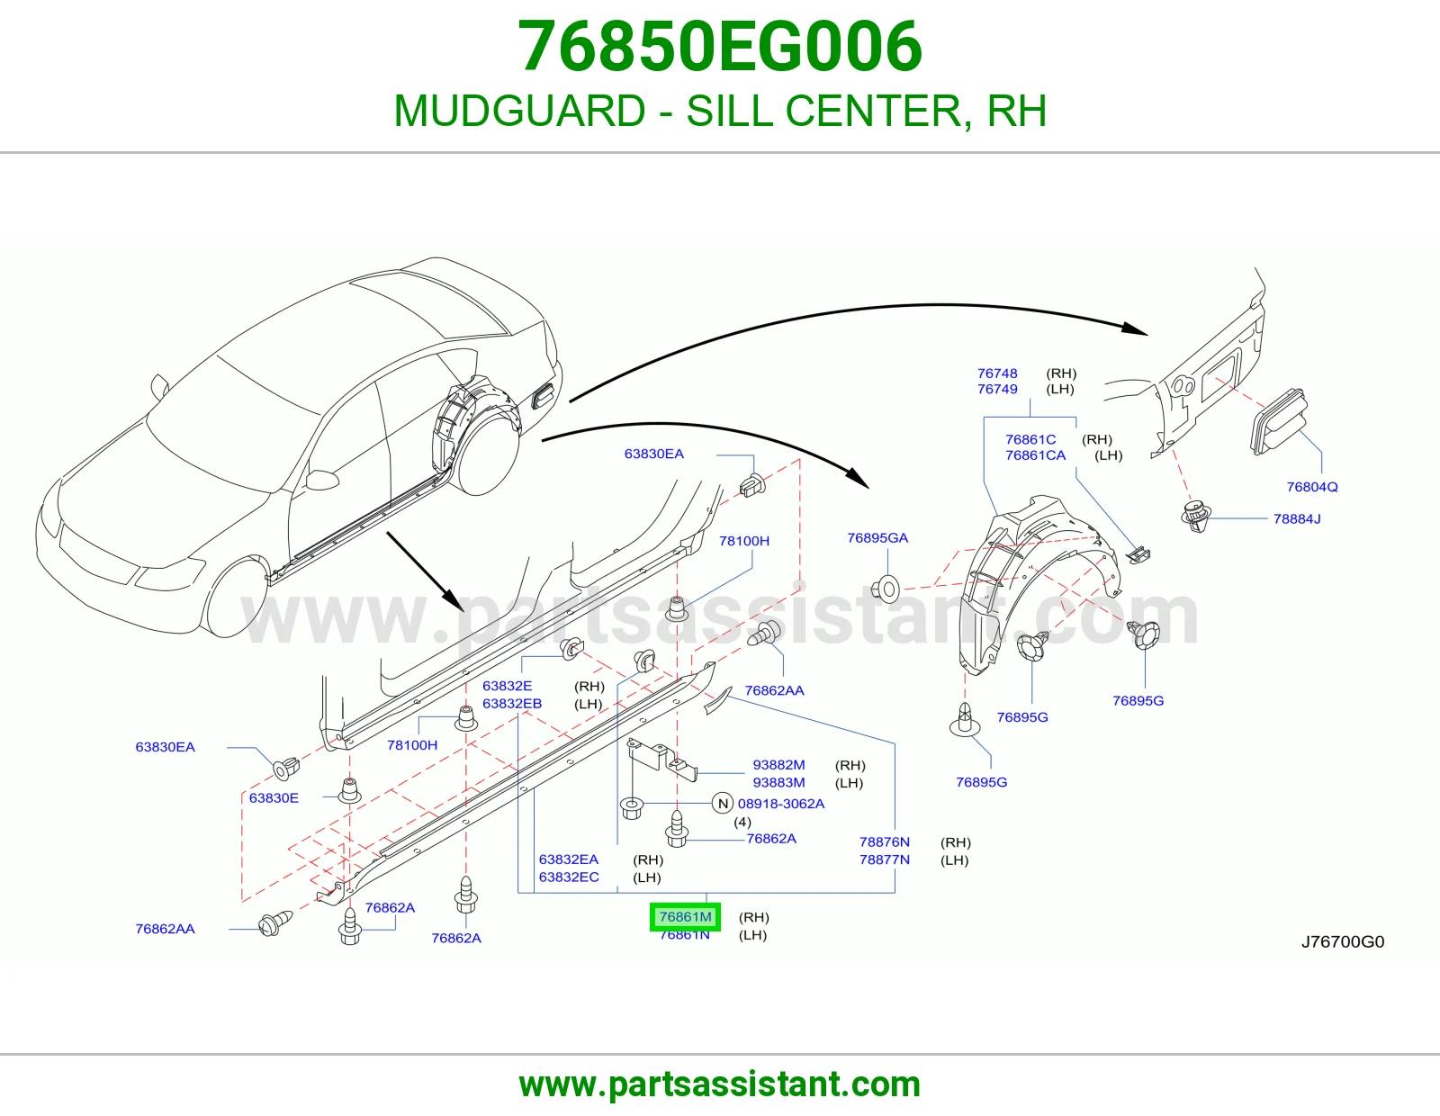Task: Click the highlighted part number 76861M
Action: pos(685,916)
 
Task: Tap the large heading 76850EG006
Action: pos(720,46)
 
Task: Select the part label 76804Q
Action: pos(1312,486)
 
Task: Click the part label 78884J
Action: pos(1297,518)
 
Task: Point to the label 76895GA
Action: pos(877,537)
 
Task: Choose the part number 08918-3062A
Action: pos(781,803)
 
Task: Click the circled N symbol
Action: pos(723,803)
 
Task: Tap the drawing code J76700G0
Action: pos(1343,941)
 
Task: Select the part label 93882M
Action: pos(778,765)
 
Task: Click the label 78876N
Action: pos(885,841)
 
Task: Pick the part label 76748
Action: pos(997,373)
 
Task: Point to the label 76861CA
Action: pos(1036,455)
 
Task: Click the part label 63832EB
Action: pos(512,703)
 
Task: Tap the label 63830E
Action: pos(274,798)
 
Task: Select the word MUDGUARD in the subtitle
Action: pos(519,111)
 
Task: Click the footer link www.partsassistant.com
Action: pos(720,1084)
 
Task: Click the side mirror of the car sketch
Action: pos(323,479)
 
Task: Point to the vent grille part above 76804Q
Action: pos(1278,421)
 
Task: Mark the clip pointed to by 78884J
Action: pos(1197,516)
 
